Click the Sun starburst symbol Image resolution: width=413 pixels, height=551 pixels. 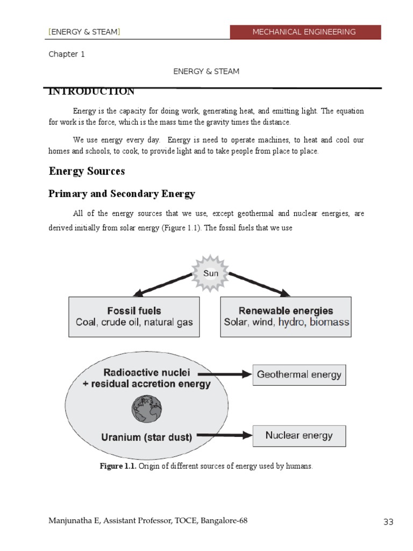(x=211, y=273)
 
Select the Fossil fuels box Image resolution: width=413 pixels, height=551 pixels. (x=134, y=317)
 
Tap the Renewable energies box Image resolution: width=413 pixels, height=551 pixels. (x=286, y=317)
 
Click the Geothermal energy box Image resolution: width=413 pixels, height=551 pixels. (x=299, y=375)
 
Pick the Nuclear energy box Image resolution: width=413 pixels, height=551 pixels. (x=299, y=435)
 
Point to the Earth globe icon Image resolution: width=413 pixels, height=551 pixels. (x=146, y=408)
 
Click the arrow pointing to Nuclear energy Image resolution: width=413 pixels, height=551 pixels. (x=226, y=435)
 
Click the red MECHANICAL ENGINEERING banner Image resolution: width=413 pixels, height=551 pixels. (x=305, y=32)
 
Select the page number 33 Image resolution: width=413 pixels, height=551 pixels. (x=388, y=522)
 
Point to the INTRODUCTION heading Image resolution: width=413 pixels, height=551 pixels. (x=91, y=92)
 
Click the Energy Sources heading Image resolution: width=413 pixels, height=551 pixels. (x=87, y=171)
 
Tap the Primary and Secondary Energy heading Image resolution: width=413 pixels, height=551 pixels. (x=122, y=194)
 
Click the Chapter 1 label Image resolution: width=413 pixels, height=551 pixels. (x=67, y=54)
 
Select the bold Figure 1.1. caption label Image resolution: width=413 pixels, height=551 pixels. (x=118, y=466)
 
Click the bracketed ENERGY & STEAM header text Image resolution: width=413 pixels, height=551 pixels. (x=84, y=32)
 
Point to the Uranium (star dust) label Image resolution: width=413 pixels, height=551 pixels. (x=146, y=437)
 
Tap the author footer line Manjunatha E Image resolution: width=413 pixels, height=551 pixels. (x=148, y=520)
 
